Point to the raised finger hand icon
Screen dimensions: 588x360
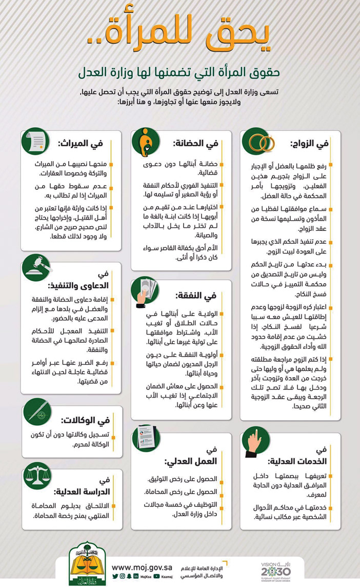click(x=256, y=441)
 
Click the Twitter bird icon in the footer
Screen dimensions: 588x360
click(x=115, y=576)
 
